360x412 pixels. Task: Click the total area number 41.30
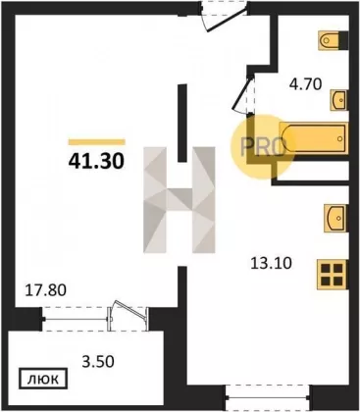pyautogui.click(x=96, y=161)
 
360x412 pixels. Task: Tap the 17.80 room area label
pyautogui.click(x=46, y=290)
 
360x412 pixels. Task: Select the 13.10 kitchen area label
pyautogui.click(x=271, y=263)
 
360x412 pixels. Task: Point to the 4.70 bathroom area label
pyautogui.click(x=306, y=84)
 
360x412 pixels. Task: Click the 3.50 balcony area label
pyautogui.click(x=97, y=361)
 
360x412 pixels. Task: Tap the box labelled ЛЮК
pyautogui.click(x=43, y=379)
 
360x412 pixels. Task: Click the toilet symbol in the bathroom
pyautogui.click(x=329, y=40)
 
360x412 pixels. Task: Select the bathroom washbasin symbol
pyautogui.click(x=338, y=100)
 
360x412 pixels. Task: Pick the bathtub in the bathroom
pyautogui.click(x=314, y=137)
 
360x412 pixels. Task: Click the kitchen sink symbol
pyautogui.click(x=335, y=218)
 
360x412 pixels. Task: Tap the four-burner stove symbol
pyautogui.click(x=333, y=275)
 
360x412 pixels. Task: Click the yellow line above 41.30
pyautogui.click(x=97, y=142)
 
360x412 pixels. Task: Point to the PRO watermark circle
pyautogui.click(x=261, y=147)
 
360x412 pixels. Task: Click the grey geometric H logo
pyautogui.click(x=180, y=200)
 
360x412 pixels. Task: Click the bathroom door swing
pyautogui.click(x=242, y=94)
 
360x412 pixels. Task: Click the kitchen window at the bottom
pyautogui.click(x=268, y=398)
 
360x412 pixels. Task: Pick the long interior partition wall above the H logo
pyautogui.click(x=181, y=123)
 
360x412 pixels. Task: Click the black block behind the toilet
pyautogui.click(x=343, y=40)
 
